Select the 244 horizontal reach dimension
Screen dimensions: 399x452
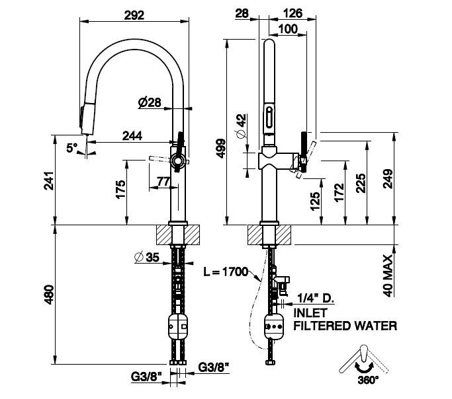pos(133,135)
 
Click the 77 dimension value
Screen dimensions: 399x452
pos(163,179)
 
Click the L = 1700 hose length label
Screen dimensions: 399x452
pos(225,271)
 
